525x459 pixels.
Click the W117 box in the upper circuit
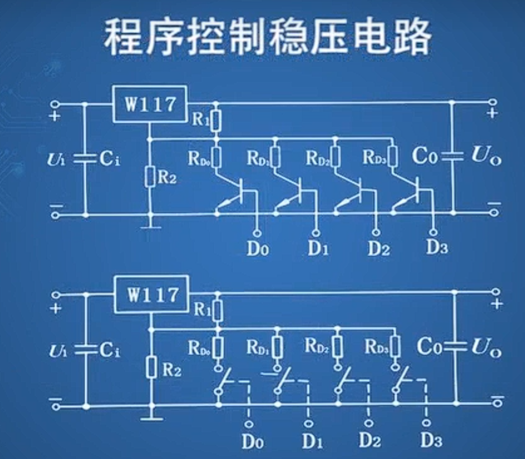(150, 105)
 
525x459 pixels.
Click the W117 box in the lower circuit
(150, 294)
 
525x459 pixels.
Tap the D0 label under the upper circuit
(257, 249)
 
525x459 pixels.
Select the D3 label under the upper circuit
(436, 246)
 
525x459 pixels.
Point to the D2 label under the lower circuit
(370, 441)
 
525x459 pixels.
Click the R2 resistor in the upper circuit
(149, 177)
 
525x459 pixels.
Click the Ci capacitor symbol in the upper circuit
(85, 159)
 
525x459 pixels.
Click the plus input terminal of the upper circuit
(55, 104)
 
